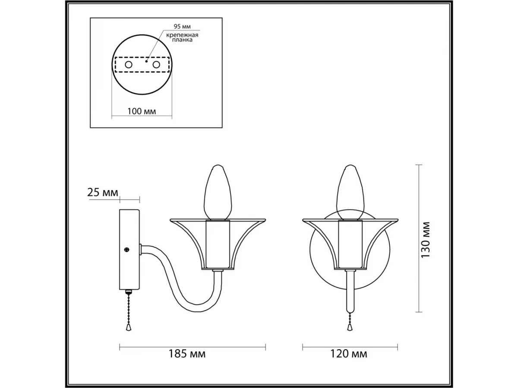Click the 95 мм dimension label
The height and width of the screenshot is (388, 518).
click(182, 26)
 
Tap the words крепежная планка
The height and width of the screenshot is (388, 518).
click(182, 38)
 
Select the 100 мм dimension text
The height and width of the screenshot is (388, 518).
click(142, 111)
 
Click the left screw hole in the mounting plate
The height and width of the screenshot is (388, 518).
click(129, 65)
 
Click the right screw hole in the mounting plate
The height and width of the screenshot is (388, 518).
click(156, 65)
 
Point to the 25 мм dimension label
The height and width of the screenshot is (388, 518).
click(103, 192)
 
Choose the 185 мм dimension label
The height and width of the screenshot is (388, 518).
click(187, 360)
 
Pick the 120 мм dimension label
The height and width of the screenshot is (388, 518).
click(348, 360)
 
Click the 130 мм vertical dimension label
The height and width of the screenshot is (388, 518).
click(425, 240)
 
